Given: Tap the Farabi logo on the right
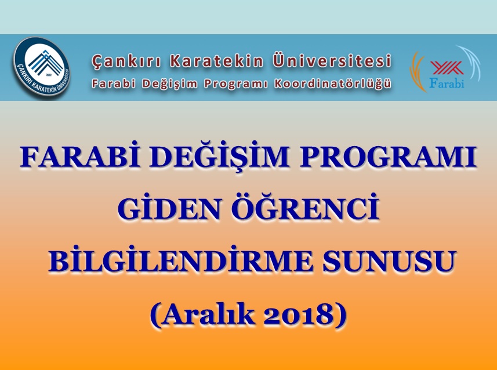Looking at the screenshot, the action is (x=445, y=69).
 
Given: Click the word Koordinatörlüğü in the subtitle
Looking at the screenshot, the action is (x=332, y=84).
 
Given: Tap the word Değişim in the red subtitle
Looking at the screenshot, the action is (x=169, y=84).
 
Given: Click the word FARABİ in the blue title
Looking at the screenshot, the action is (x=80, y=157).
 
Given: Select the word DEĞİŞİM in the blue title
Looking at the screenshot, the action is (x=220, y=156).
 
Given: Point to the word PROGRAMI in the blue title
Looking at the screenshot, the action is (x=389, y=157).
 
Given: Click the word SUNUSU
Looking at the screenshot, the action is (x=389, y=262).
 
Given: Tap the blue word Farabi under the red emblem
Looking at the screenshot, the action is (x=447, y=83).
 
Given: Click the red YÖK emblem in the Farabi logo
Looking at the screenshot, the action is (x=447, y=68).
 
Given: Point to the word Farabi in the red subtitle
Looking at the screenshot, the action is (x=114, y=84).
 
